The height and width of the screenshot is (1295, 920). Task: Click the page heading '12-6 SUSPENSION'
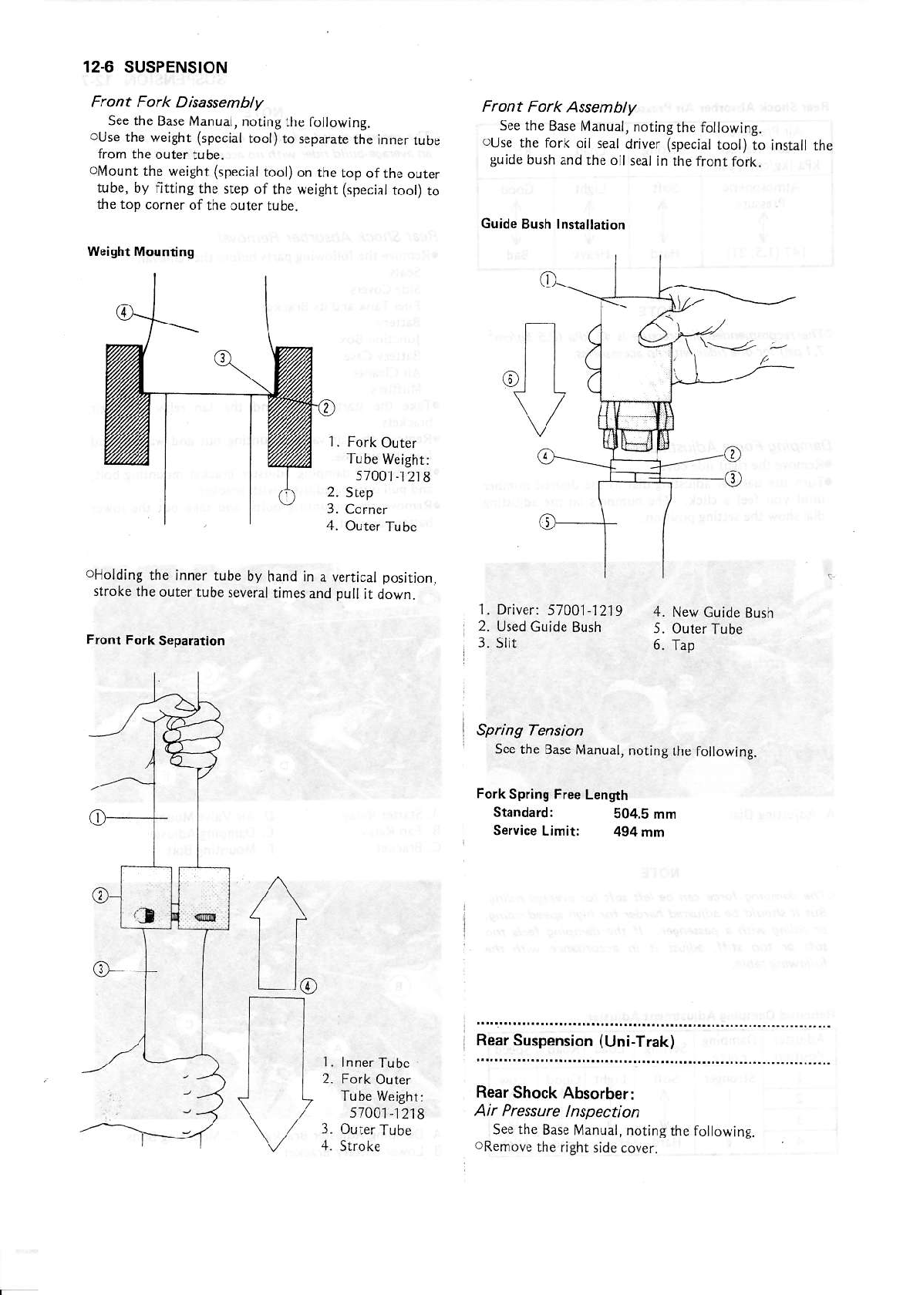155,67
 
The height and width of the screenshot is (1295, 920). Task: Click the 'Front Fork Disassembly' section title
177,103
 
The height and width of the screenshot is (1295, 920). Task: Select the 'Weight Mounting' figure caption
140,251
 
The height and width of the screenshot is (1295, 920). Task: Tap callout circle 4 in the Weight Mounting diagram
123,311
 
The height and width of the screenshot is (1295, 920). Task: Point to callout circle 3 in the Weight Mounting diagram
222,358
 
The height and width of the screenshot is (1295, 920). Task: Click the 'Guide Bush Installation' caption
552,224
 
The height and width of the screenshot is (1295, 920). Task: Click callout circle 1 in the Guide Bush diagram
546,280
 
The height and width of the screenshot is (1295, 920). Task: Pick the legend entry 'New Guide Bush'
722,612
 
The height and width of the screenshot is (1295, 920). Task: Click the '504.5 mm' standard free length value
644,813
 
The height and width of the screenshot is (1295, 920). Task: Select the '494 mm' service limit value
639,831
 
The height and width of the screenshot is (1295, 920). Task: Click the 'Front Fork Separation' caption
156,640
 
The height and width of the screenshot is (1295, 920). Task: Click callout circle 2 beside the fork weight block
99,895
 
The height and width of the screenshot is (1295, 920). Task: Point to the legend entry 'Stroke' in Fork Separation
360,1145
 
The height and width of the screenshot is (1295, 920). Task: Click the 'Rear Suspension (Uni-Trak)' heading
575,1041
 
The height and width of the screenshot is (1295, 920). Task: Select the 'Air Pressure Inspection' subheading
557,1112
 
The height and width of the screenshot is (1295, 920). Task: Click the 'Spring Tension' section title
529,730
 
